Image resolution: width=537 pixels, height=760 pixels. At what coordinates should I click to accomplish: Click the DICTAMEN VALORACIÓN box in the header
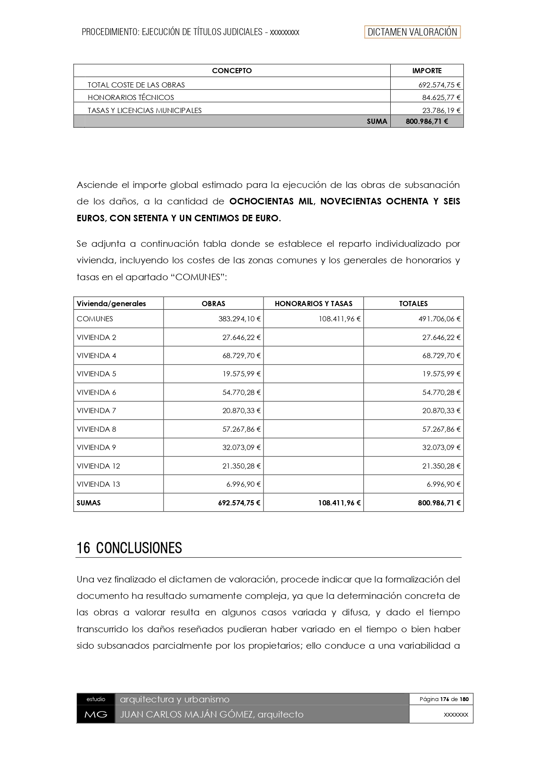[x=412, y=32]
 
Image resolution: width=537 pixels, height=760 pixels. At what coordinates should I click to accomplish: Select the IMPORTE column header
[x=427, y=71]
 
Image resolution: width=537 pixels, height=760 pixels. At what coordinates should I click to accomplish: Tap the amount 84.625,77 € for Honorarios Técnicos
[x=441, y=97]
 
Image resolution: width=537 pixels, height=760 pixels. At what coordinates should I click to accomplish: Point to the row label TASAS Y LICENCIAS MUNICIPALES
[x=145, y=110]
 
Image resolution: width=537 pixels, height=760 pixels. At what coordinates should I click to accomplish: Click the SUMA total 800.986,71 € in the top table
[x=427, y=122]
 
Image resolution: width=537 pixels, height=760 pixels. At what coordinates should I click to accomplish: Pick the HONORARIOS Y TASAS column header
[x=313, y=304]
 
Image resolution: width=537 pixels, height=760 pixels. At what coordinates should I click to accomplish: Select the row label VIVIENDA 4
[x=96, y=356]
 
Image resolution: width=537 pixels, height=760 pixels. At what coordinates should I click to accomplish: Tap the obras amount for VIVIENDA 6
[x=241, y=392]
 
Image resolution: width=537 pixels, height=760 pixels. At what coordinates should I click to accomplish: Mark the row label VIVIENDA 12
[x=98, y=466]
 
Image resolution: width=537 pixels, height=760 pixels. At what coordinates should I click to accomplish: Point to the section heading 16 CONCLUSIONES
[x=129, y=548]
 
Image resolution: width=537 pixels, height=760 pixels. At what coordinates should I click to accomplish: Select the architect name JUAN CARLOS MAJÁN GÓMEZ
[x=187, y=715]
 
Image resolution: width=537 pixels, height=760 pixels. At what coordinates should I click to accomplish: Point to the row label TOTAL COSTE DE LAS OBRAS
[x=136, y=85]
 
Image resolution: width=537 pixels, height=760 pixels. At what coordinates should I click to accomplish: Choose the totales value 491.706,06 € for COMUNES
[x=441, y=319]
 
